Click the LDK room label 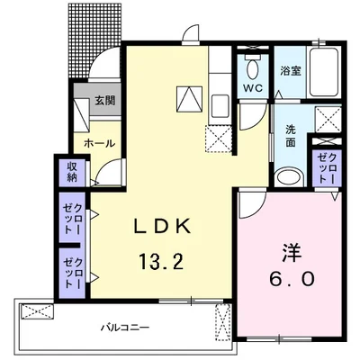pyautogui.click(x=162, y=227)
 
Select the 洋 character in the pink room pyautogui.click(x=292, y=252)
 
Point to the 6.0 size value pyautogui.click(x=292, y=279)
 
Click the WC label pyautogui.click(x=253, y=88)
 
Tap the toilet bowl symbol pyautogui.click(x=254, y=67)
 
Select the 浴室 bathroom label pyautogui.click(x=291, y=71)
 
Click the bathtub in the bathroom pyautogui.click(x=324, y=71)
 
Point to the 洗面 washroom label pyautogui.click(x=290, y=136)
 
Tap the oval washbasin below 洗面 pyautogui.click(x=289, y=177)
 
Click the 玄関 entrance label pyautogui.click(x=105, y=101)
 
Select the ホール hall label pyautogui.click(x=100, y=143)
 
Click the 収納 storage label pyautogui.click(x=72, y=172)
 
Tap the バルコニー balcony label pyautogui.click(x=125, y=327)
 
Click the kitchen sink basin pyautogui.click(x=220, y=106)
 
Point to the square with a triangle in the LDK pyautogui.click(x=189, y=99)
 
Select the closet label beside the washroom pyautogui.click(x=327, y=168)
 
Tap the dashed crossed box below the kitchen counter pyautogui.click(x=219, y=139)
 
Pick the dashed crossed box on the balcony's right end pyautogui.click(x=222, y=323)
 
